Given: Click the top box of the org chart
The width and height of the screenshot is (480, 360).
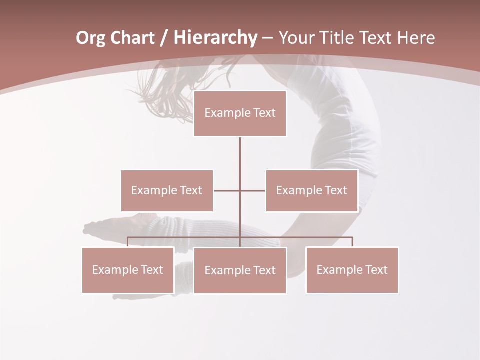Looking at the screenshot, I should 240,113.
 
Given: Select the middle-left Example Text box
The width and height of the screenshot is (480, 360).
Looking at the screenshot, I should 167,190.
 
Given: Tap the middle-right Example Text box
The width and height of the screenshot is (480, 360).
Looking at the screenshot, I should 311,190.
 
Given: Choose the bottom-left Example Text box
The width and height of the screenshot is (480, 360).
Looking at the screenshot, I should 128,270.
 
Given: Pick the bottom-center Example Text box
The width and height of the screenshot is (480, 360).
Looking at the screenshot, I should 240,270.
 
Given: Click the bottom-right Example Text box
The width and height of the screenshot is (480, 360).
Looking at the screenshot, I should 352,270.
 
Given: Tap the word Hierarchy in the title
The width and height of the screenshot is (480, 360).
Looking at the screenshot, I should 215,38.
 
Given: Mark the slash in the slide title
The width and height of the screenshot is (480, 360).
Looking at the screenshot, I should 164,38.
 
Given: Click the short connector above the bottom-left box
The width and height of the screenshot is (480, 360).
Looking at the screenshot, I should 128,242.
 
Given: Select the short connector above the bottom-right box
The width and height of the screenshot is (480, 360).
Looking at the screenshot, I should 352,242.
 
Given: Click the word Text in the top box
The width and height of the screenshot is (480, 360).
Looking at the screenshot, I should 264,113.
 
